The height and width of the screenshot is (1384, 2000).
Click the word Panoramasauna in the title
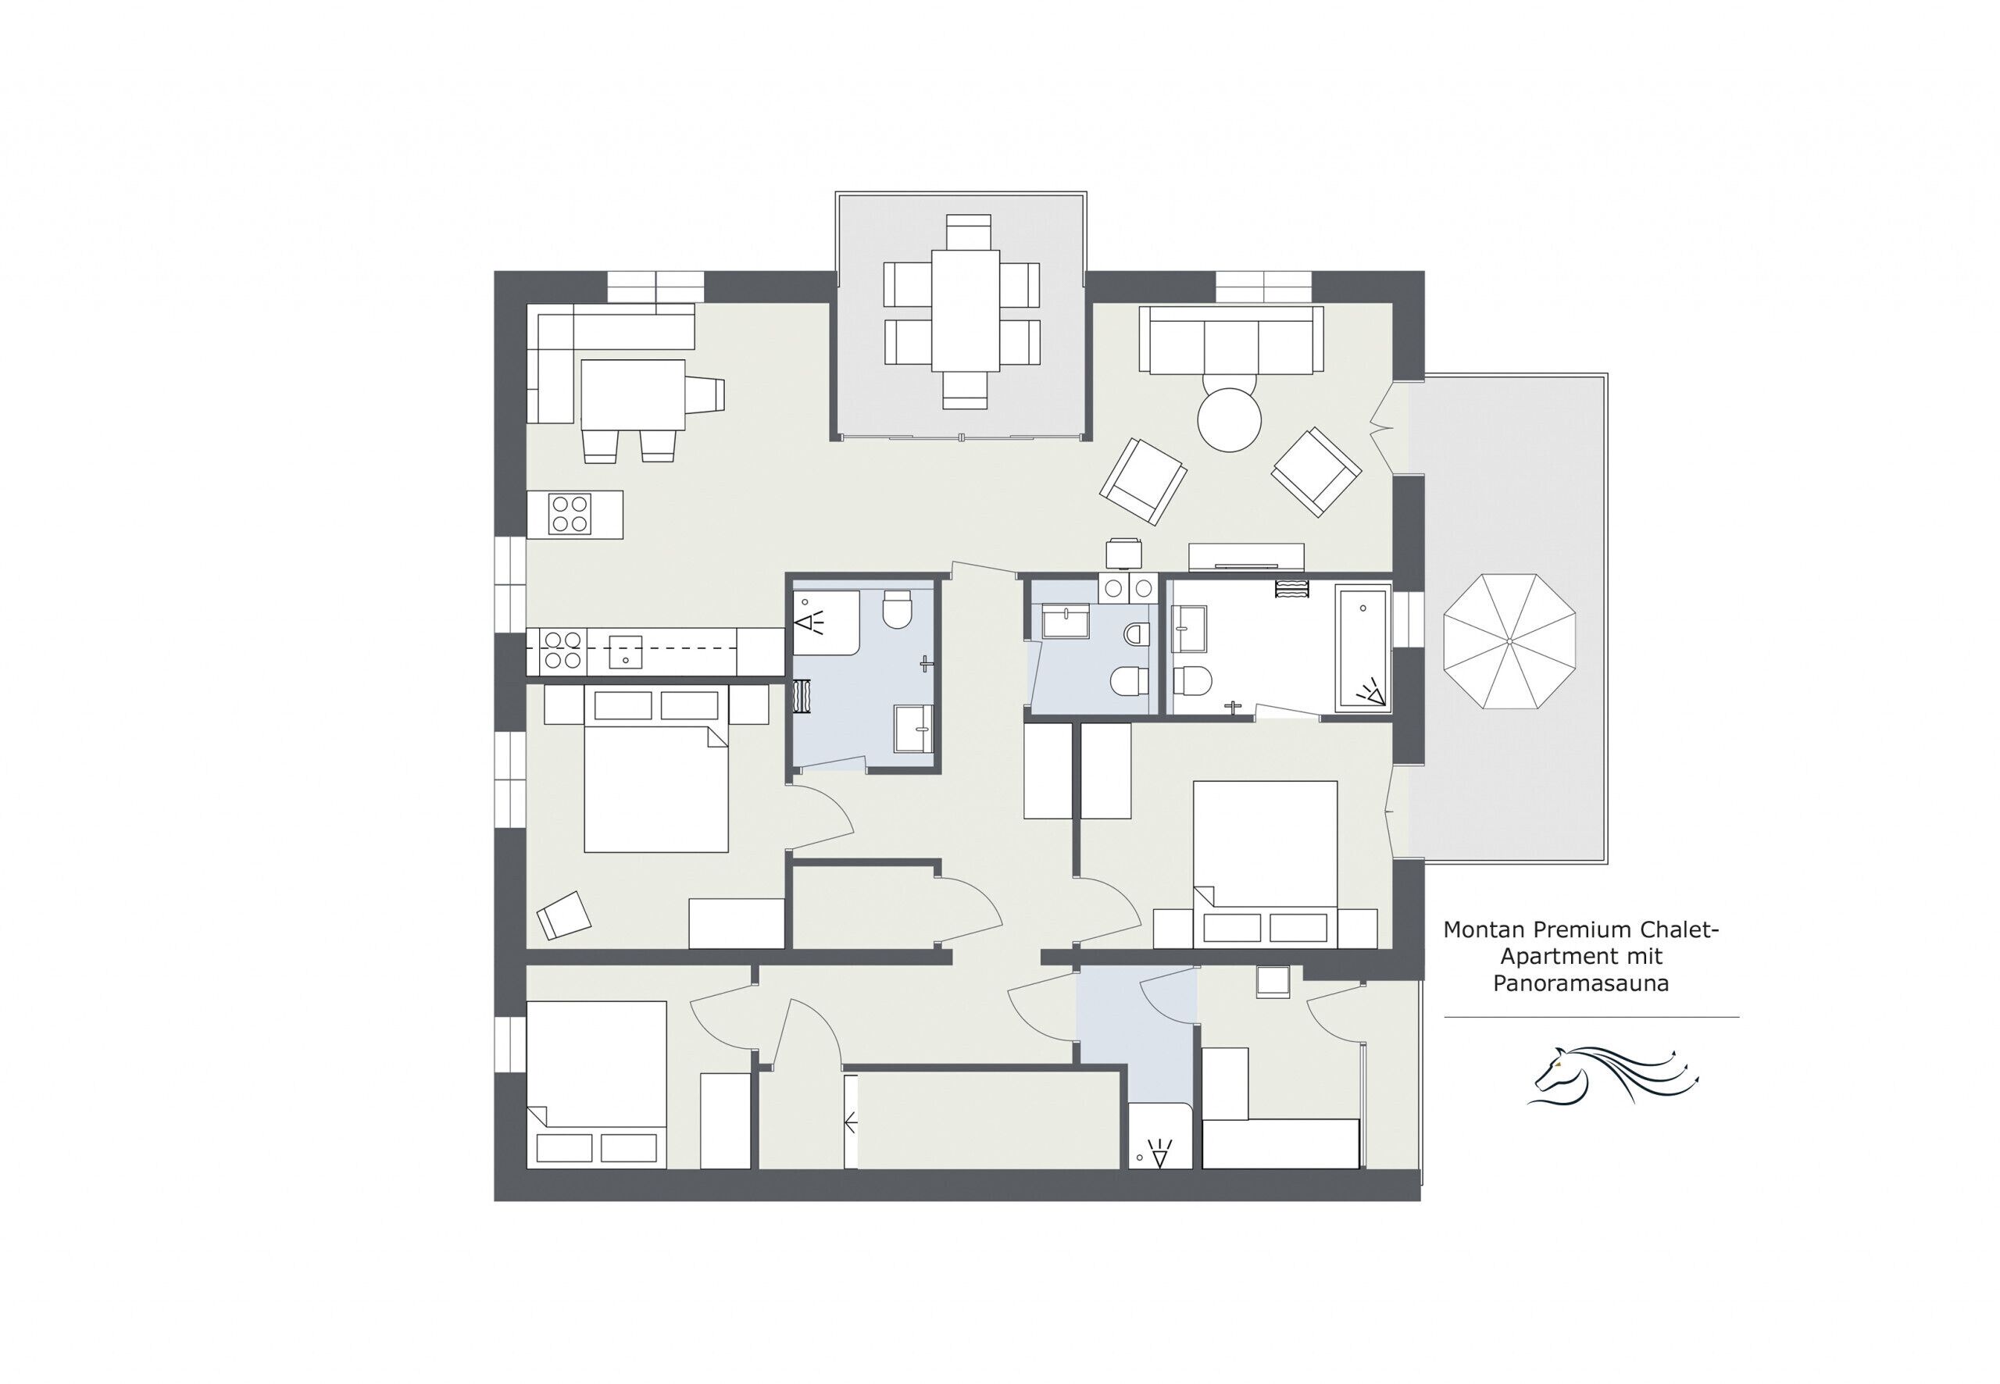(1580, 983)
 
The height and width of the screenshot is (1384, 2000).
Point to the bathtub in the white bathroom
(1362, 647)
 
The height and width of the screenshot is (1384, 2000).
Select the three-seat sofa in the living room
(1230, 340)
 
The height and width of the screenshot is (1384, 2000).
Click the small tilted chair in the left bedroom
(564, 914)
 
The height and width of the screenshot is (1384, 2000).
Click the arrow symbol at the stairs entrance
(851, 1124)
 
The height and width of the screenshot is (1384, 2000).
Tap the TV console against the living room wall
(1245, 556)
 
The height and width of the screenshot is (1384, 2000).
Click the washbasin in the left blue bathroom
(913, 728)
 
